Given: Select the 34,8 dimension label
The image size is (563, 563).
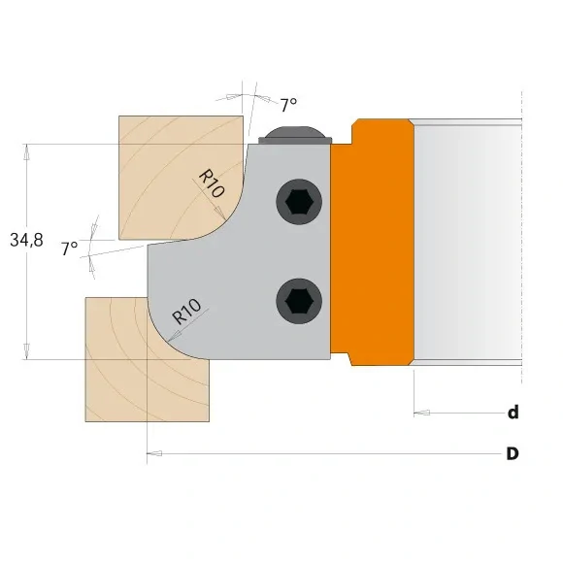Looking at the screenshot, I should click(26, 241).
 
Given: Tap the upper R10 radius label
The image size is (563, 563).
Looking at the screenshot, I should click(212, 182).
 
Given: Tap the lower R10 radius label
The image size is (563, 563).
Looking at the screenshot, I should click(186, 313).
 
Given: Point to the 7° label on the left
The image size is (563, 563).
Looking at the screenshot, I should click(69, 248).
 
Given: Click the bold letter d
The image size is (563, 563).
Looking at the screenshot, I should click(513, 413).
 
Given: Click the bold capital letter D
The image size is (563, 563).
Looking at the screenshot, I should click(512, 453).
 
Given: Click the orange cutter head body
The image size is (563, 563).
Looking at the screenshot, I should click(379, 243).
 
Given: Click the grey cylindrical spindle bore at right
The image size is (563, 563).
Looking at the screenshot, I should click(466, 243).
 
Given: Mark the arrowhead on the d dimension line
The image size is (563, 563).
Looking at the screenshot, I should click(420, 414).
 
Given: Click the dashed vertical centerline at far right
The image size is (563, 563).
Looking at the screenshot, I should click(521, 243).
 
